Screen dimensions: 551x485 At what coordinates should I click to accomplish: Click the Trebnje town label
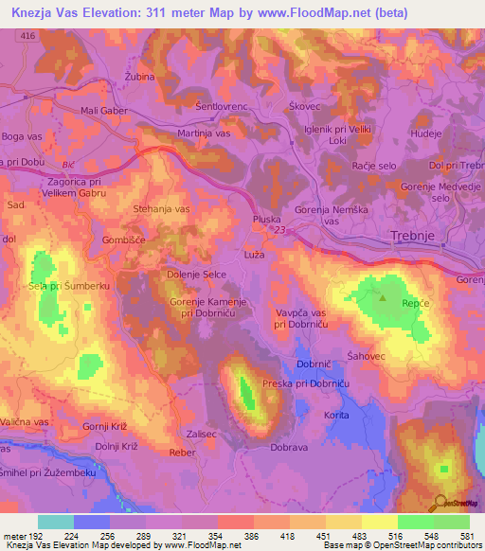tap(412, 237)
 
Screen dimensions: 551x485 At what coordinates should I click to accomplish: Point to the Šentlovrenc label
tap(221, 107)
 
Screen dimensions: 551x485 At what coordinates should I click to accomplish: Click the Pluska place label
tap(266, 218)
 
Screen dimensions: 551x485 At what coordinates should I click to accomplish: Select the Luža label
tap(254, 257)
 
